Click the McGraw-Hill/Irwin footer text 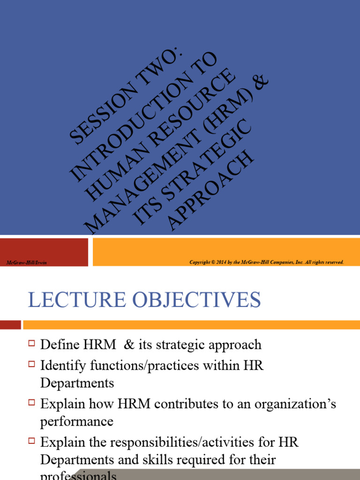point(26,262)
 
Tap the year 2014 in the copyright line point(224,262)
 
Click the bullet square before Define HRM point(32,344)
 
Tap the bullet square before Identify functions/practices point(32,364)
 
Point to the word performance point(76,421)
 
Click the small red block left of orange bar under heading point(10,324)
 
